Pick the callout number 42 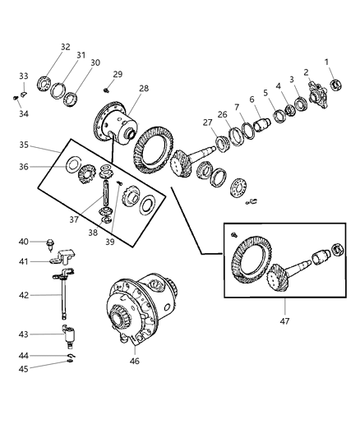[23, 294]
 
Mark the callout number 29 [118, 75]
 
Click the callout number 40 [23, 242]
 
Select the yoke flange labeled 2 [316, 93]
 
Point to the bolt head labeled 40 [52, 243]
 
